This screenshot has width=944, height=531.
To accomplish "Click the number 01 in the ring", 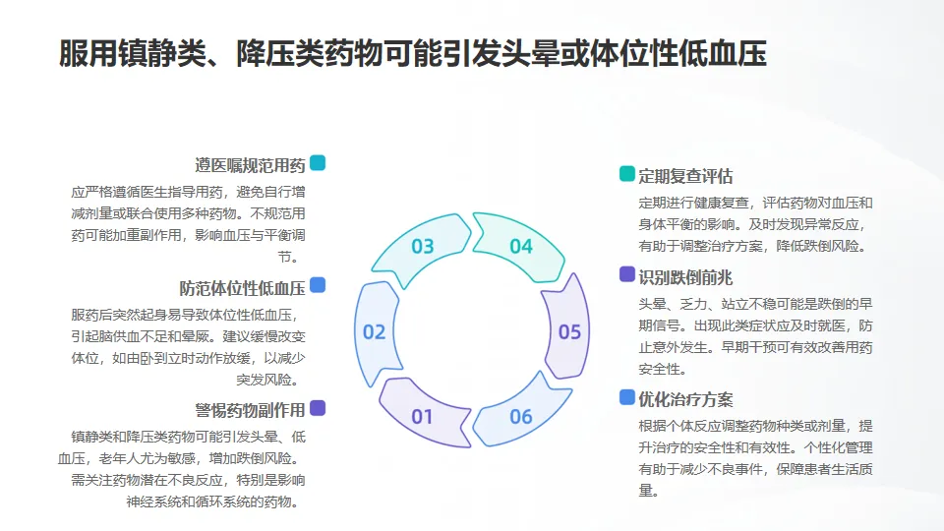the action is (422, 417).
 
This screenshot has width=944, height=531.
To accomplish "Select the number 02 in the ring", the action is (374, 332).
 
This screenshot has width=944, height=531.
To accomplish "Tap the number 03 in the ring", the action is (422, 247).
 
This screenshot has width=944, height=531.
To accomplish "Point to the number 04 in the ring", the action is (520, 247).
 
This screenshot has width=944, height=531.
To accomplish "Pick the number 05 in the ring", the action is (569, 332).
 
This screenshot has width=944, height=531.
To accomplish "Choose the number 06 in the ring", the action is (520, 417).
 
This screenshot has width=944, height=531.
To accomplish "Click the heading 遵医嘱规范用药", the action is (250, 164).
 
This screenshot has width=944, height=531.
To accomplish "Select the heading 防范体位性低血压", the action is (242, 288).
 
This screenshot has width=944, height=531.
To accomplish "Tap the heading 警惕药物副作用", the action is (250, 410).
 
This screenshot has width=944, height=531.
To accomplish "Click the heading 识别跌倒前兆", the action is (685, 276).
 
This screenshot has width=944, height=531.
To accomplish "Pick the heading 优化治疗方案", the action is (685, 399).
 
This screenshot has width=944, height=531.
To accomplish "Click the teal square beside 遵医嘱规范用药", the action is (318, 163).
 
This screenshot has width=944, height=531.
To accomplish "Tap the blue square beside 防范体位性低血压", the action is (318, 286).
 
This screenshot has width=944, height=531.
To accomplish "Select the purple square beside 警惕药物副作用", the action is (318, 408).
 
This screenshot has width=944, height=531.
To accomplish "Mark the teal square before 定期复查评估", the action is (627, 175).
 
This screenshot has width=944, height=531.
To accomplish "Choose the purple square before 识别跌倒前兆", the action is (627, 274).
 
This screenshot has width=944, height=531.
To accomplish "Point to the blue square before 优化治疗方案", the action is (627, 397).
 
